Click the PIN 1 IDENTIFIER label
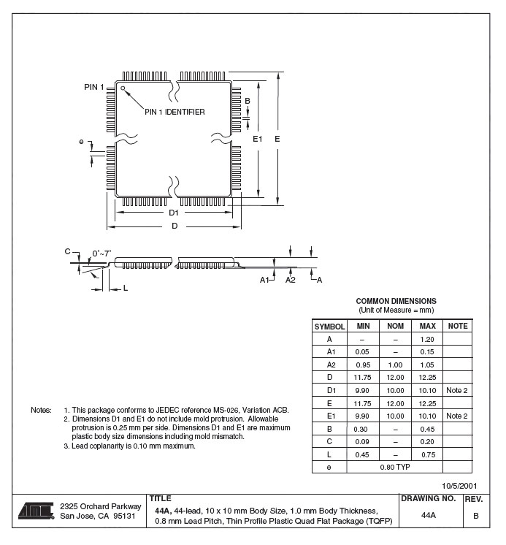coord(175,112)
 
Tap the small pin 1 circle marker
coord(123,89)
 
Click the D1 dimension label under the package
coord(174,213)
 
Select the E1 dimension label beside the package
coord(257,138)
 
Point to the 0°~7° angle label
coord(101,254)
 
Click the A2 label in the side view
coord(290,280)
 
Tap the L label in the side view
coord(125,289)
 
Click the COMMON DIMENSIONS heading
coord(396,301)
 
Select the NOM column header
coord(395,327)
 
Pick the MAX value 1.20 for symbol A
coord(428,339)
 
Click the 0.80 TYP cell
coord(395,467)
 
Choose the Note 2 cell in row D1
coord(457,390)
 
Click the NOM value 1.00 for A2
coord(395,365)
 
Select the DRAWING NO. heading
coord(429,498)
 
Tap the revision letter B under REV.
coord(476,515)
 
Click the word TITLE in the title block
coord(161,498)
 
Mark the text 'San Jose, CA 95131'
coord(98,516)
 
